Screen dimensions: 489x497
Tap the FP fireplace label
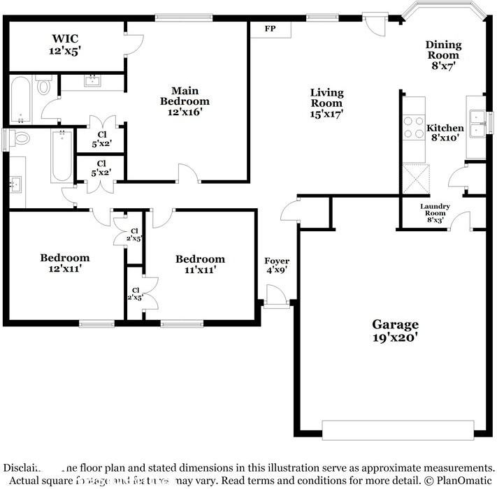coord(270,29)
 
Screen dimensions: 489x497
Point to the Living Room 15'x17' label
coord(326,103)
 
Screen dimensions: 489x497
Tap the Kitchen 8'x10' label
coord(445,133)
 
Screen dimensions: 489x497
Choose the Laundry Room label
coord(434,213)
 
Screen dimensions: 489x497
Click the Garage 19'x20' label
coord(395,330)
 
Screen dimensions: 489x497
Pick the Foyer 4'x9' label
coord(277,266)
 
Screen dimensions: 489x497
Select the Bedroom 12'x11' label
coord(64,263)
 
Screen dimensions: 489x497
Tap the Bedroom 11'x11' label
coord(200,264)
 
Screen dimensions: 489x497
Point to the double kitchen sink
coord(477,123)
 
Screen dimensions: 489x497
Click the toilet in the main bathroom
coord(45,87)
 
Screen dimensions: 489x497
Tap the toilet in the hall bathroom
coord(20,138)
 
